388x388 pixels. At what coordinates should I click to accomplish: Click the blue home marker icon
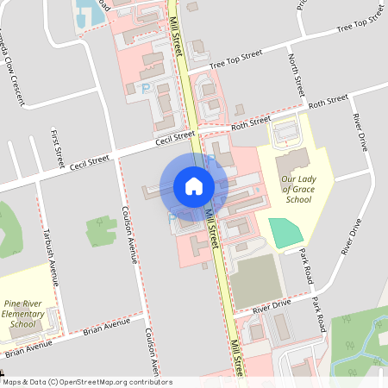click(194, 185)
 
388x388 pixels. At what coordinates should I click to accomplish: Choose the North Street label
click(296, 74)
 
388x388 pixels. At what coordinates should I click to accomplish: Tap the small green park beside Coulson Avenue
click(101, 230)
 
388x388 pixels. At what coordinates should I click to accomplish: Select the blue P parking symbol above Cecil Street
click(145, 88)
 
